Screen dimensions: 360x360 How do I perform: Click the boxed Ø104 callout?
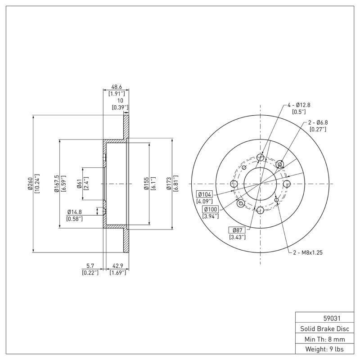tap(204, 194)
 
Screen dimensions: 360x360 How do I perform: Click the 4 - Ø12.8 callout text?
tap(299, 105)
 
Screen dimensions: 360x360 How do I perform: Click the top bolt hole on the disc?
tap(260, 157)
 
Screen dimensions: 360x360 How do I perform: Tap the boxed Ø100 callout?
tap(211, 209)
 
